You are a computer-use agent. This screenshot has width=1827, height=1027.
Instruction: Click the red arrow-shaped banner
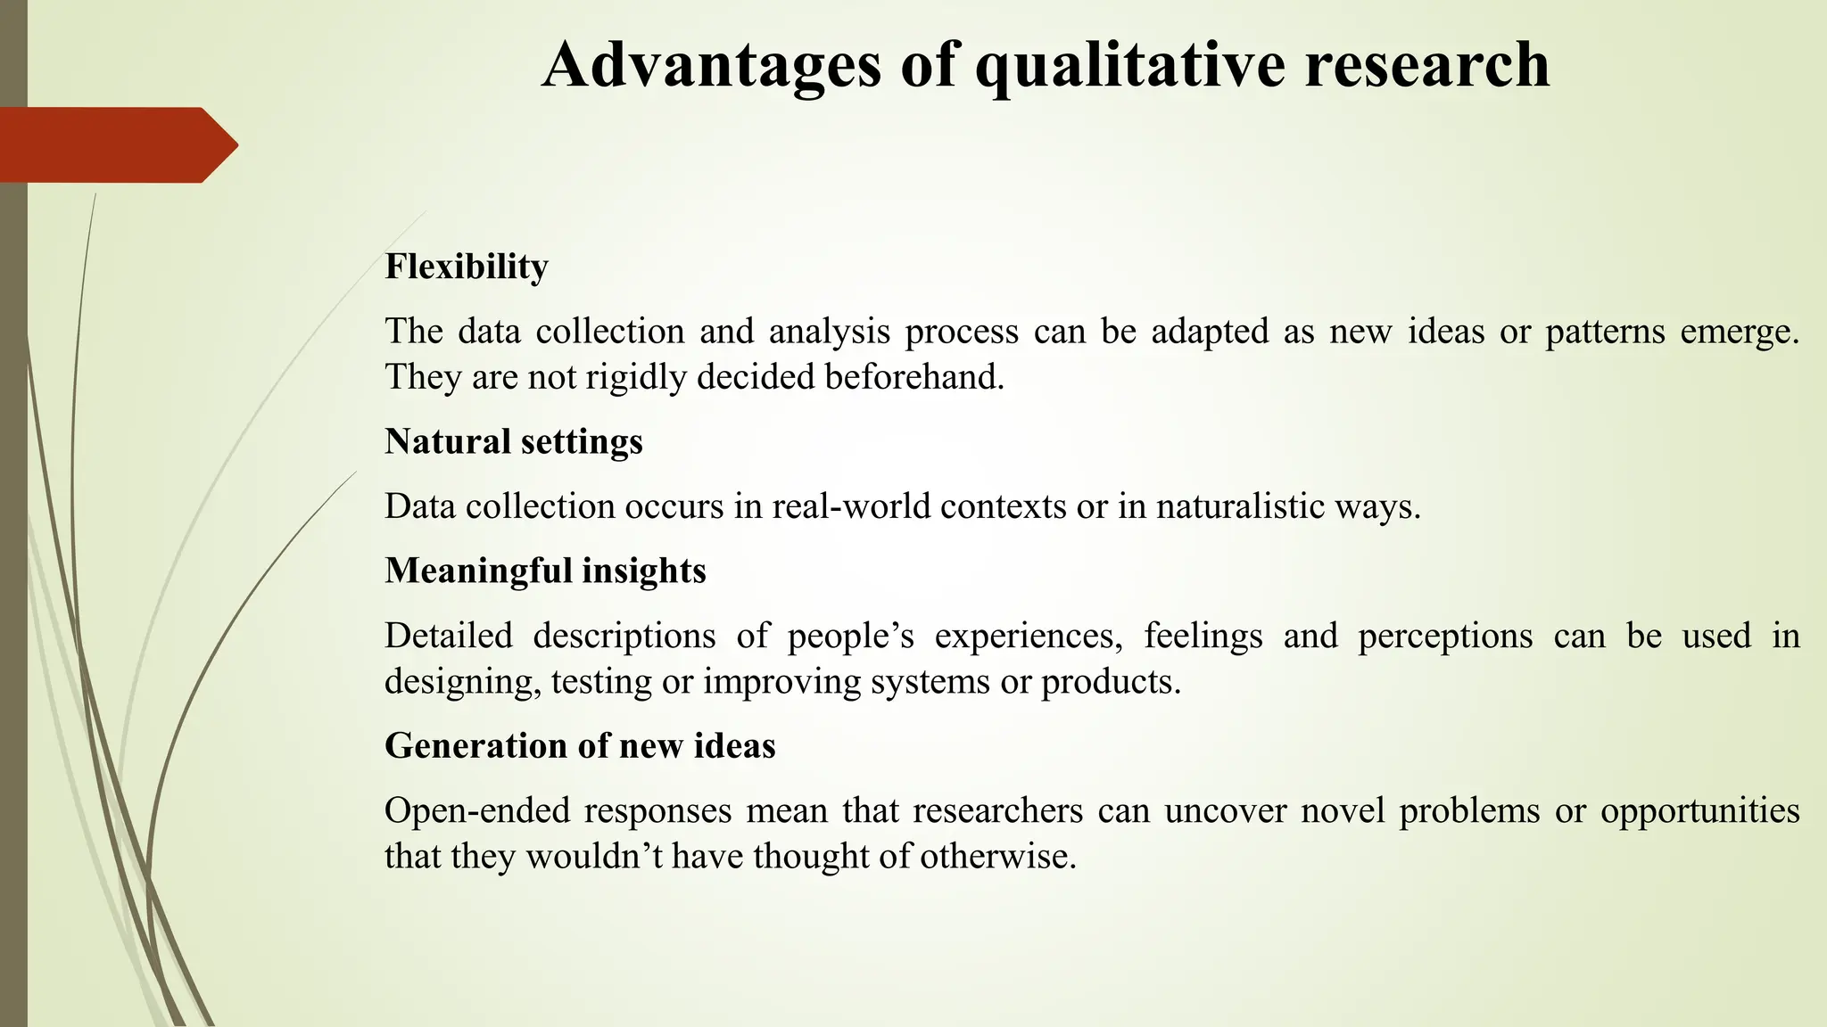(x=116, y=144)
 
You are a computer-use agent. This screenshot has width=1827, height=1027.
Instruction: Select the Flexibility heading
(x=467, y=267)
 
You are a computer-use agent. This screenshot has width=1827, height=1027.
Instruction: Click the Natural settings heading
(x=514, y=441)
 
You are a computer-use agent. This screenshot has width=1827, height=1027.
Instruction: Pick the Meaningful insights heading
(x=545, y=571)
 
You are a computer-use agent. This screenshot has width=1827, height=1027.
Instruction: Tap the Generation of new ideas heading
(x=580, y=745)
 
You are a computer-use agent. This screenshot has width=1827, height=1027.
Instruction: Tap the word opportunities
(x=1699, y=810)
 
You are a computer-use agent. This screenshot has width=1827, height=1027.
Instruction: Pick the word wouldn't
(x=592, y=856)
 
